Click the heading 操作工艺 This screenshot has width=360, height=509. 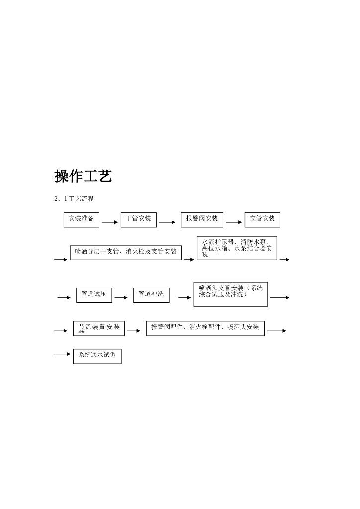click(x=83, y=176)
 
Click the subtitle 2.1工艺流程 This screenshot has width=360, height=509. click(x=75, y=199)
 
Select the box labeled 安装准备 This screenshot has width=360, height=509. click(x=82, y=219)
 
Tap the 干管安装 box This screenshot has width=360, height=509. click(x=139, y=219)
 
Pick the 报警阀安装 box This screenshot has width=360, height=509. click(x=202, y=219)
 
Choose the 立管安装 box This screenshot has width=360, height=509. click(x=263, y=219)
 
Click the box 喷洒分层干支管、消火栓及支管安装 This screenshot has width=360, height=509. click(x=126, y=252)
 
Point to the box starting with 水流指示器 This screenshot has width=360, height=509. click(x=237, y=248)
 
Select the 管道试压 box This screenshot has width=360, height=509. click(x=94, y=294)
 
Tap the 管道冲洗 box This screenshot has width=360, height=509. click(x=151, y=294)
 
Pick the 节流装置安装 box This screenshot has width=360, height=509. click(x=99, y=328)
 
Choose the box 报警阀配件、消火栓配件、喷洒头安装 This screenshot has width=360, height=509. click(x=205, y=328)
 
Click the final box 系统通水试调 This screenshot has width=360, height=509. click(x=97, y=356)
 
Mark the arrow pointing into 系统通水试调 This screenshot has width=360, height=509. click(x=63, y=354)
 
